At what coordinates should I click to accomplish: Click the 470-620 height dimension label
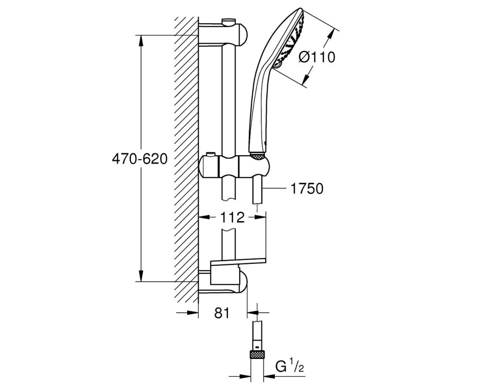point(140,159)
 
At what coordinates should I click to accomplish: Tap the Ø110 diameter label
point(317,57)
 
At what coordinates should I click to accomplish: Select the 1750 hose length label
point(307,189)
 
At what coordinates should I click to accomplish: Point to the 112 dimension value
point(232,217)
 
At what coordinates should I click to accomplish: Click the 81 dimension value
point(223,313)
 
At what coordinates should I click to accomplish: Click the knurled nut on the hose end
point(258,354)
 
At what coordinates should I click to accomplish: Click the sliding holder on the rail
point(234,166)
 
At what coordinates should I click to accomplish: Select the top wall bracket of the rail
point(224,34)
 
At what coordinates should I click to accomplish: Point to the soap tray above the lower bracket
point(238,263)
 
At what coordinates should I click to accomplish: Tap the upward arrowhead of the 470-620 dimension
point(141,41)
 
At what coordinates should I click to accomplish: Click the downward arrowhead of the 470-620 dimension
point(141,275)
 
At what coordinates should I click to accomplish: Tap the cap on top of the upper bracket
point(228,21)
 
